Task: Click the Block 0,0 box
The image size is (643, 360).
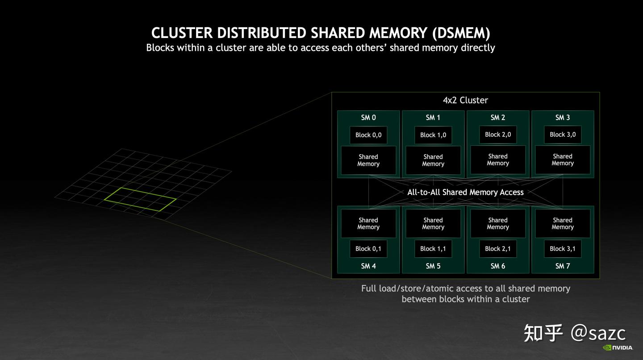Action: tap(368, 135)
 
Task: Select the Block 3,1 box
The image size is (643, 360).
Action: tap(563, 249)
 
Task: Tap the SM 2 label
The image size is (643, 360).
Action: tap(498, 117)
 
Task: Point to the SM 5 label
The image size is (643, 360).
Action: tap(433, 266)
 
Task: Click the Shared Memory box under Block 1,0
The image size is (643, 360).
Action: tap(433, 160)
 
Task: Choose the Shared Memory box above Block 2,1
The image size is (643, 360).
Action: tap(498, 223)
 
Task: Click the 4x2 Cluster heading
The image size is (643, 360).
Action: tap(465, 100)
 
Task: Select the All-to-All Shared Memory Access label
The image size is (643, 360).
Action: tap(465, 192)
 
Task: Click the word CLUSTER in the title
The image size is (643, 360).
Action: tap(182, 33)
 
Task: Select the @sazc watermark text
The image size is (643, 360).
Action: tap(598, 333)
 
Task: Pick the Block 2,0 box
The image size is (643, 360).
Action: tap(498, 134)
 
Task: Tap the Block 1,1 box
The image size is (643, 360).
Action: tap(433, 249)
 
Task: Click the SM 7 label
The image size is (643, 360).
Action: tap(562, 266)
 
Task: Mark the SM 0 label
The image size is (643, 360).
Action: tap(368, 117)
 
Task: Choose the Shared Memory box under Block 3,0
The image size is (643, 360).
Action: tap(563, 159)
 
